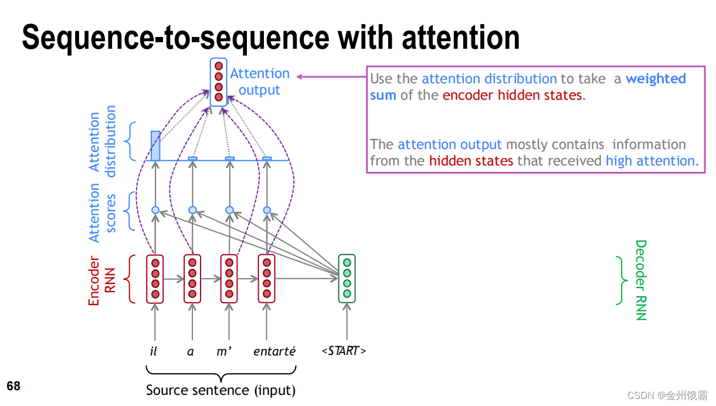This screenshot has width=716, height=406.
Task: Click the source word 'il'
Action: [154, 351]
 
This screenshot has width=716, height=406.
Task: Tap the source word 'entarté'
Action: [274, 351]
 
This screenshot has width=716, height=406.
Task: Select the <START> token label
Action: [344, 351]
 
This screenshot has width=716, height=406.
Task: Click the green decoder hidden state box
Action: [347, 279]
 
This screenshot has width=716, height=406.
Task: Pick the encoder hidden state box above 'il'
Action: [155, 279]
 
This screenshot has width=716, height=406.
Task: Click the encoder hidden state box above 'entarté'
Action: [267, 279]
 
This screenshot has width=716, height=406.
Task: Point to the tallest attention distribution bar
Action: [155, 146]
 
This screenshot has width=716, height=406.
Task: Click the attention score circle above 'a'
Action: [192, 210]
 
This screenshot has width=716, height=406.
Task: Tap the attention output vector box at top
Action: [218, 82]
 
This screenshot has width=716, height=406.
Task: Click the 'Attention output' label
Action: [259, 82]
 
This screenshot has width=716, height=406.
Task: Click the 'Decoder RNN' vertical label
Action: [640, 280]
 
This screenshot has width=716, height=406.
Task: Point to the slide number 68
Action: [13, 386]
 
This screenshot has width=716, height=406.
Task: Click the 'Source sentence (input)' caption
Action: [220, 390]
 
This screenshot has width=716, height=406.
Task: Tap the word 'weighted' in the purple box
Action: [656, 79]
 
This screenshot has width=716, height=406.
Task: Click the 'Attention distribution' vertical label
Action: [102, 141]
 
